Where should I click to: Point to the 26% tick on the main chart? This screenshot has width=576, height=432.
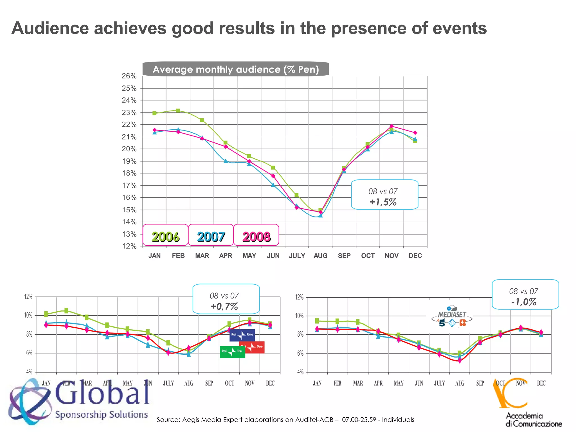(x=129, y=76)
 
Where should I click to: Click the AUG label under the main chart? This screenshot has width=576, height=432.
(x=320, y=256)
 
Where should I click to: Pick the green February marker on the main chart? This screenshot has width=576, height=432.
(x=178, y=111)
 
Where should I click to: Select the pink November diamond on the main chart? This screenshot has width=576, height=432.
(x=391, y=126)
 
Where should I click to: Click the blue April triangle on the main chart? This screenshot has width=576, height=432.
(x=226, y=161)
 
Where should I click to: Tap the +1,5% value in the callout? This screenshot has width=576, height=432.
(x=383, y=202)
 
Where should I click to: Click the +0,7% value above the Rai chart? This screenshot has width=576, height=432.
(x=224, y=306)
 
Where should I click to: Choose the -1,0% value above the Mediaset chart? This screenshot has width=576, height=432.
(x=524, y=302)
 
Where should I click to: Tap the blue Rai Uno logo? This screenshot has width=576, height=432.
(x=242, y=335)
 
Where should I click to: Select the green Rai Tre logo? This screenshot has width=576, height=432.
(x=232, y=352)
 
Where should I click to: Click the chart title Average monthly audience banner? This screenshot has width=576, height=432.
(x=236, y=69)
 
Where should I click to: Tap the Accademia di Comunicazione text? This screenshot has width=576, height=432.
(x=534, y=419)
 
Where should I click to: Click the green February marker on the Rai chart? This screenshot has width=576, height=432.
(x=66, y=310)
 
